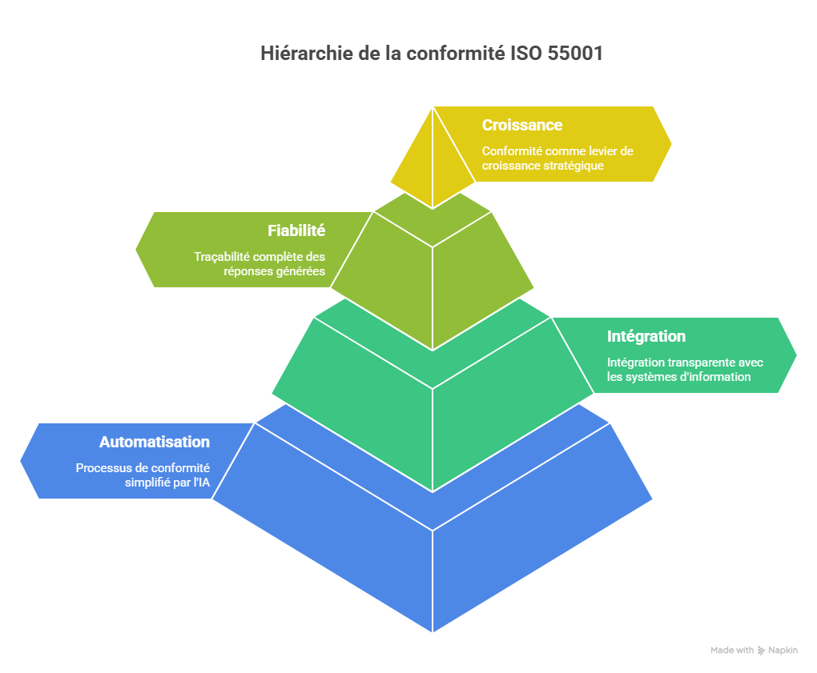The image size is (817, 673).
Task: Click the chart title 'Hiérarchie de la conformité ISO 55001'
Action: pos(432,54)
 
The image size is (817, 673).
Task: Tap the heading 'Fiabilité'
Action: pos(296,230)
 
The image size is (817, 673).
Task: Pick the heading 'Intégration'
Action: pos(646,336)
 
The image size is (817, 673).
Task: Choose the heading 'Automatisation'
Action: pos(155,442)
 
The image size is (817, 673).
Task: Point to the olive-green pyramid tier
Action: pos(433,272)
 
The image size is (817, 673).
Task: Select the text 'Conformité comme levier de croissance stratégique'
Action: pos(546,158)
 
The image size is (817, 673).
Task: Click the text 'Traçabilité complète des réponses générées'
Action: pos(260,264)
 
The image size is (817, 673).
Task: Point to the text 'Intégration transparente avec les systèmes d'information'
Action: pos(685,369)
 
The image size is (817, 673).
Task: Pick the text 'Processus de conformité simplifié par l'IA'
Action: pos(143,475)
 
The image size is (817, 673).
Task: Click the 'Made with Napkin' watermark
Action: pos(754,651)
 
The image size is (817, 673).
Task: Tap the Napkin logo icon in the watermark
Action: pos(761,651)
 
